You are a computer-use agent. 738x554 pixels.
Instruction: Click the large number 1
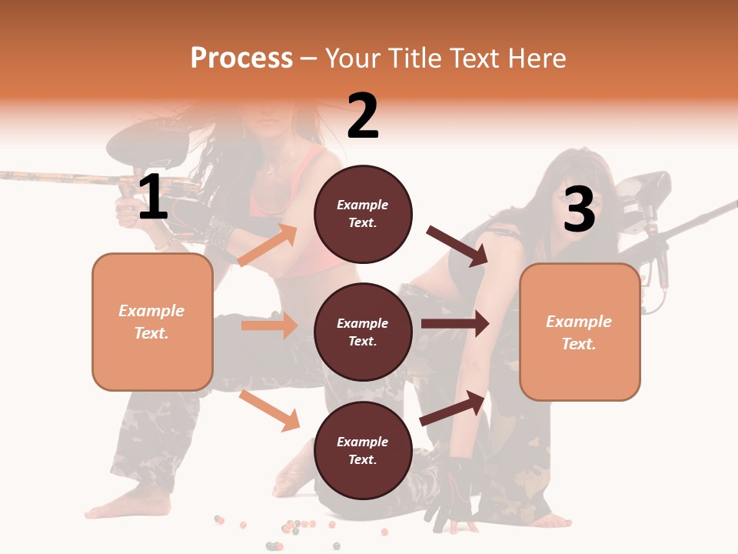[153, 198]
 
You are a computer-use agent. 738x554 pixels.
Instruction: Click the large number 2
[363, 117]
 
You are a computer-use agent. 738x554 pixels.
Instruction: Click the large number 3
[579, 210]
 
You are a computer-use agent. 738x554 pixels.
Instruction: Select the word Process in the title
[241, 58]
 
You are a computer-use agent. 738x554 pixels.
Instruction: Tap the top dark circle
[363, 214]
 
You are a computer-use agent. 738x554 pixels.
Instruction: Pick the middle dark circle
[363, 332]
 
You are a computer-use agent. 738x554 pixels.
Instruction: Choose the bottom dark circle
[363, 450]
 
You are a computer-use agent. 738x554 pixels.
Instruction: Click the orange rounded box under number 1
[152, 322]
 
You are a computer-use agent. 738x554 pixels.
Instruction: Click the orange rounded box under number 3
[580, 332]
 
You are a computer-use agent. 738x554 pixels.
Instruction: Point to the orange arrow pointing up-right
[268, 245]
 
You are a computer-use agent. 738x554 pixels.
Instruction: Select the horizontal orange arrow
[269, 325]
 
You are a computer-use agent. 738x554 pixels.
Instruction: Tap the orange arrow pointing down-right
[269, 410]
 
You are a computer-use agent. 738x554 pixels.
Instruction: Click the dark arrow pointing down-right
[457, 246]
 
